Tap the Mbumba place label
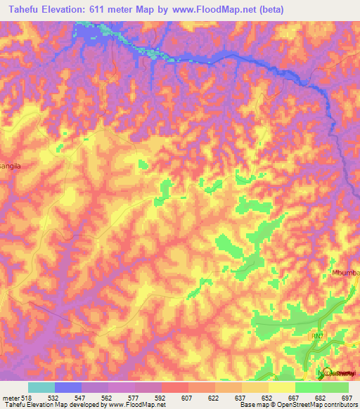(x=345, y=273)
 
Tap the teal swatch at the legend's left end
(x=41, y=387)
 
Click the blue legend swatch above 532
(x=68, y=387)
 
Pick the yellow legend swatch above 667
(x=282, y=387)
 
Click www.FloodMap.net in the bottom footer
(x=140, y=405)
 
